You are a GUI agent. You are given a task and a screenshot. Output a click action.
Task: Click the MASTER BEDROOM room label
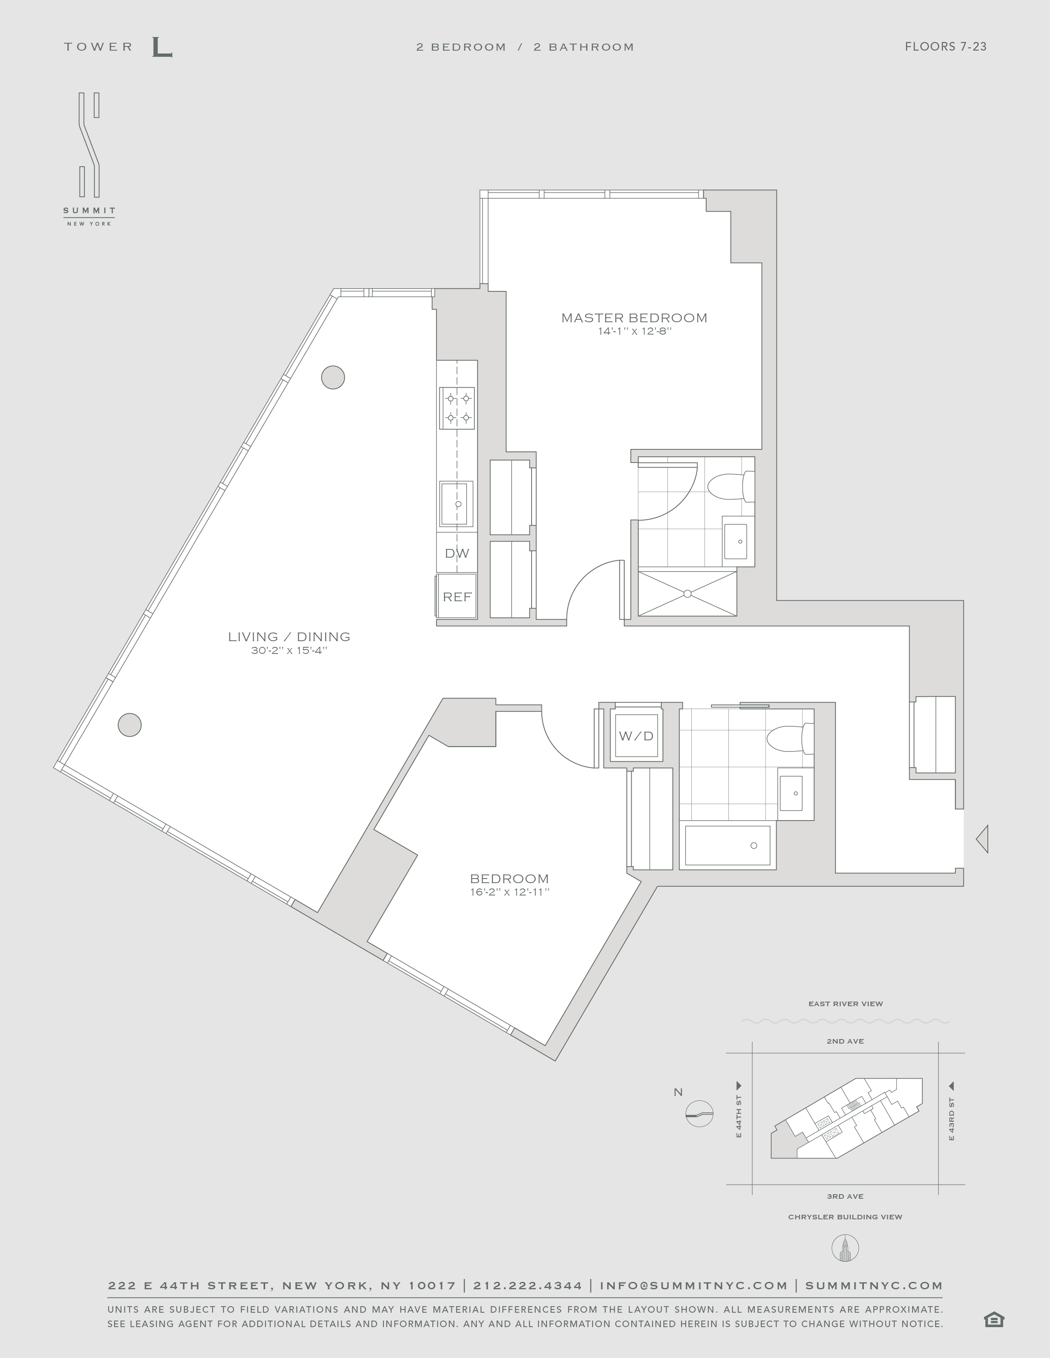click(x=634, y=318)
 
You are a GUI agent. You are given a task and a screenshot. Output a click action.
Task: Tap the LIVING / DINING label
click(x=289, y=636)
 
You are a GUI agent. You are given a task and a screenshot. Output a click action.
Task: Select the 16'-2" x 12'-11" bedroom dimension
click(x=509, y=892)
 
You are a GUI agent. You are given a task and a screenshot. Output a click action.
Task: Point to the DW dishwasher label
click(x=457, y=553)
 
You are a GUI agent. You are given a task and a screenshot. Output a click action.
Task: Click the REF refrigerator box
click(x=457, y=596)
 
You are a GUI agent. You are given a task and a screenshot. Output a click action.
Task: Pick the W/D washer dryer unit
click(x=636, y=736)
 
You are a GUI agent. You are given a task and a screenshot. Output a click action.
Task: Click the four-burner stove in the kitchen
click(x=457, y=408)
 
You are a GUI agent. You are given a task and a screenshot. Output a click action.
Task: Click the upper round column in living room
click(x=333, y=377)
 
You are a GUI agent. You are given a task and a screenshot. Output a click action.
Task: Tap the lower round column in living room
click(x=129, y=724)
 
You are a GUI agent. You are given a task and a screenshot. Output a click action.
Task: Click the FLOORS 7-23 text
click(x=945, y=47)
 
